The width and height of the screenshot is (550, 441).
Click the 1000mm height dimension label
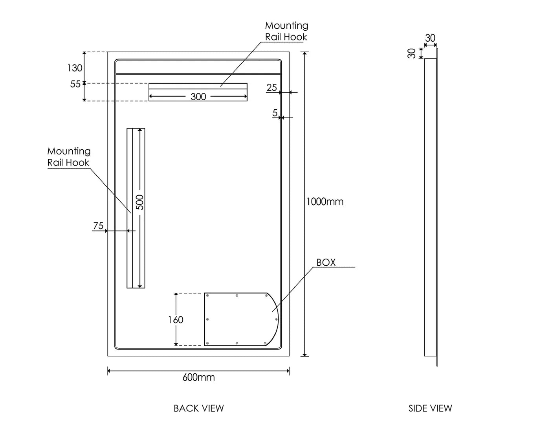click(325, 202)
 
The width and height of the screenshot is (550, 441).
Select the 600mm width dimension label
click(198, 377)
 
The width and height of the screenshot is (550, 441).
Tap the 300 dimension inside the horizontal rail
click(198, 97)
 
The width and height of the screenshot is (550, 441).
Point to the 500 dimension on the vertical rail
click(140, 202)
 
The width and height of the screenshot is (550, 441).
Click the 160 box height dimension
click(176, 320)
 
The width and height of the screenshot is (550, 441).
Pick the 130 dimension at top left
click(75, 68)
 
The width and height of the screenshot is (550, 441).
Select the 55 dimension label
click(75, 84)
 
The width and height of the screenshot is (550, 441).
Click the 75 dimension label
click(98, 226)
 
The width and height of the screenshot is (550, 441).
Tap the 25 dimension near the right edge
click(271, 88)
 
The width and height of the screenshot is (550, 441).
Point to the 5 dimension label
click(275, 113)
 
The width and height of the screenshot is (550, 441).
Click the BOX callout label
click(326, 263)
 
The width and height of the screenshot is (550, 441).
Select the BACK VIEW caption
click(198, 408)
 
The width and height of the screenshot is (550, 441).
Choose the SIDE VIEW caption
click(430, 408)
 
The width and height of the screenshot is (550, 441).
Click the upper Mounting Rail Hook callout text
click(286, 31)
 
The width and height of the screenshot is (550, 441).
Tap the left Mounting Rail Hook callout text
click(69, 157)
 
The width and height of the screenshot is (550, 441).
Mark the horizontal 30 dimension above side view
click(430, 38)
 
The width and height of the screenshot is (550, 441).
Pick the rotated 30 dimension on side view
click(412, 53)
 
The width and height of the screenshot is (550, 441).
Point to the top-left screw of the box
click(207, 296)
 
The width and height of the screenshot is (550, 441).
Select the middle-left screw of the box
click(207, 320)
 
